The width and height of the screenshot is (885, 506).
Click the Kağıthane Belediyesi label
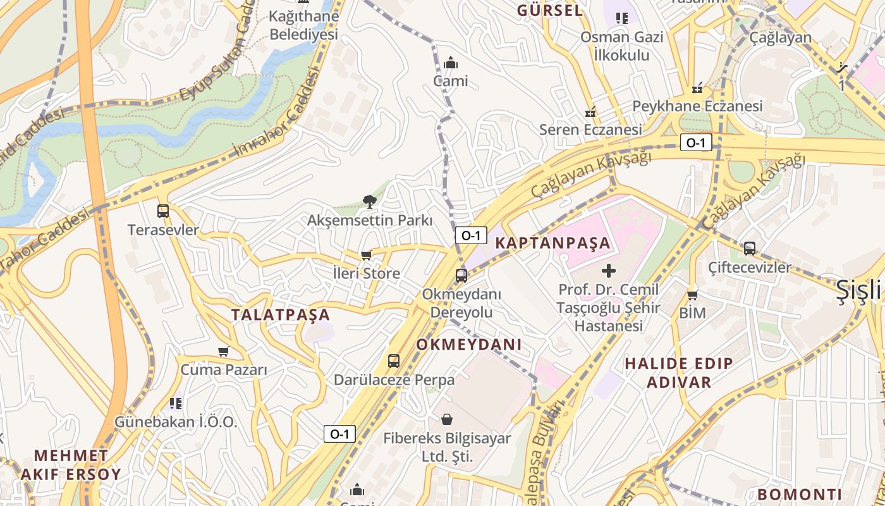tap(303, 25)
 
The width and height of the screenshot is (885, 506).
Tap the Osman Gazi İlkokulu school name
tap(622, 46)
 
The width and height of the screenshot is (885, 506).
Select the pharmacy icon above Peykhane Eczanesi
tap(697, 88)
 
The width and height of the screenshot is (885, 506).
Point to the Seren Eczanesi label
tap(590, 130)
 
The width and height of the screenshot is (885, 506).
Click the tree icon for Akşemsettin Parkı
tap(370, 202)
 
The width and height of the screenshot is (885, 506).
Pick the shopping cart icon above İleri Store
tap(366, 255)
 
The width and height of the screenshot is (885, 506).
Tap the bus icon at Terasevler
tap(163, 211)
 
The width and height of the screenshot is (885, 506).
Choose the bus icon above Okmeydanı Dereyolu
tap(461, 275)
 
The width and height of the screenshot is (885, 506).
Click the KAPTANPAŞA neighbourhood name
tap(553, 243)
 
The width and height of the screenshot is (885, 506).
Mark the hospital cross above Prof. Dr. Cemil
tap(609, 271)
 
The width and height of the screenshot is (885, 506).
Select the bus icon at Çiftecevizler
tap(750, 249)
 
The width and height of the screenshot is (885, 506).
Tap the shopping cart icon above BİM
tap(692, 295)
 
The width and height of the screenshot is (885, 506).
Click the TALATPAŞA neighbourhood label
tap(281, 314)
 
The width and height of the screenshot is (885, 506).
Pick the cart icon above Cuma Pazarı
tap(223, 351)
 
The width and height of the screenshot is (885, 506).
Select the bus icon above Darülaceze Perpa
tap(394, 361)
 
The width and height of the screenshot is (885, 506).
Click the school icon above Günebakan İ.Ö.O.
tap(176, 403)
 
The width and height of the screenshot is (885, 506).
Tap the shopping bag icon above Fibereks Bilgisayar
tap(447, 419)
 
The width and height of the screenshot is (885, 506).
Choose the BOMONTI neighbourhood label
tap(799, 494)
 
